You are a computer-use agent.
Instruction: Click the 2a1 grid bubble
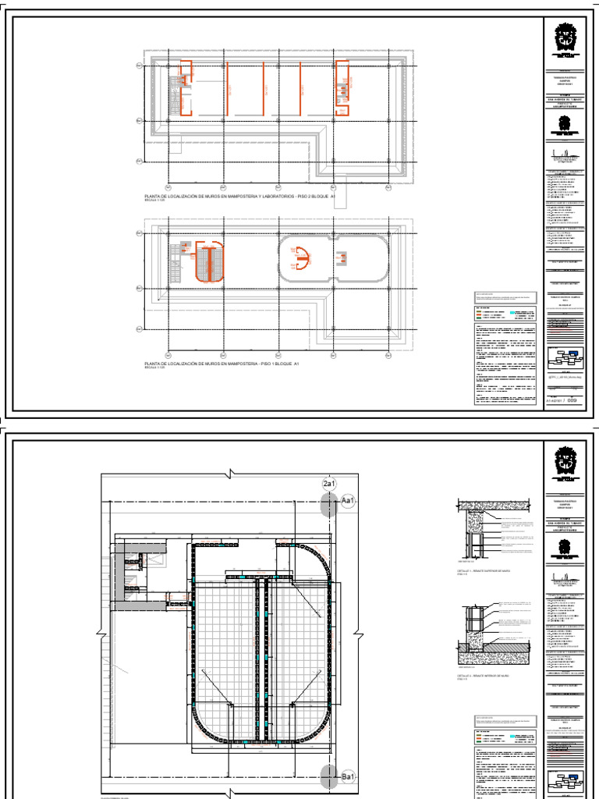point(329,485)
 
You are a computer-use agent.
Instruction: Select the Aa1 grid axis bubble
point(349,502)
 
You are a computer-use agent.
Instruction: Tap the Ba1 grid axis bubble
point(349,778)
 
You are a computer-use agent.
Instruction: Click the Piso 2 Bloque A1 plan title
point(235,197)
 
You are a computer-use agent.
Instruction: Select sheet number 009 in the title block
point(572,400)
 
